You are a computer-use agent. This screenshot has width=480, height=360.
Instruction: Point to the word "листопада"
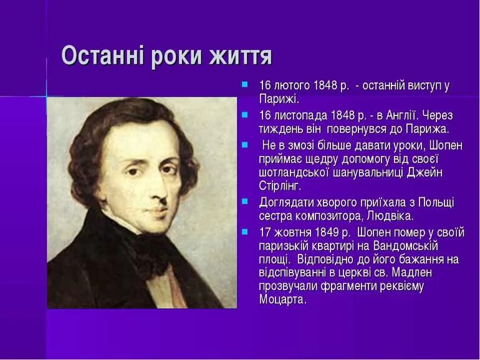[x=300, y=116]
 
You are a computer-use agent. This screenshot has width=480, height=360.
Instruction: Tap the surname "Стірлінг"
[x=279, y=186]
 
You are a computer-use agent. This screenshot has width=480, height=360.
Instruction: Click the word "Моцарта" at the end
[x=282, y=299]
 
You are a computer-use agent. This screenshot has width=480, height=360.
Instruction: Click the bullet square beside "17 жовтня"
[x=245, y=231]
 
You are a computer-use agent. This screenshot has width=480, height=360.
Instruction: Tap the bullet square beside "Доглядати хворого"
[x=245, y=201]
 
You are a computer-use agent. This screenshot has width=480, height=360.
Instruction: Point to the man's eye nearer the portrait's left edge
[x=134, y=170]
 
